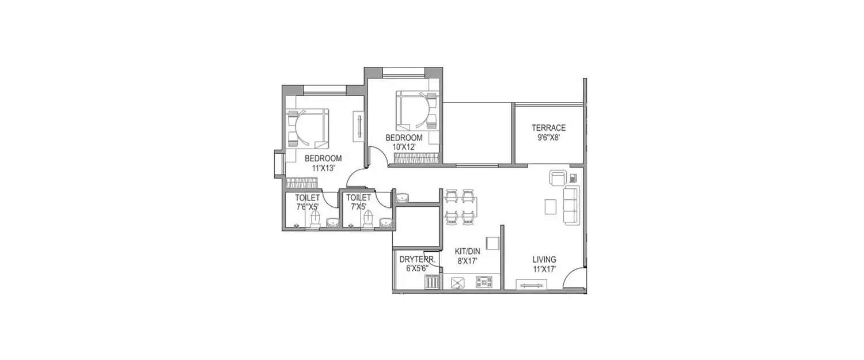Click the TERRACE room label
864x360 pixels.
(x=548, y=128)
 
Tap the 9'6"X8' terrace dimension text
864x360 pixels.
(x=548, y=138)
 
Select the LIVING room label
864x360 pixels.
(x=544, y=259)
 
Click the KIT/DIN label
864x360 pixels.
(x=467, y=251)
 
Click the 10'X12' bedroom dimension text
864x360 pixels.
(x=404, y=147)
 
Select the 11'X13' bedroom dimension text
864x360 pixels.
(x=323, y=168)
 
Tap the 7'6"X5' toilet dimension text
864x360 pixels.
(x=307, y=207)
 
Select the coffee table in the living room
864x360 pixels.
(x=551, y=206)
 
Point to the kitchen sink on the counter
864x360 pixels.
(x=458, y=282)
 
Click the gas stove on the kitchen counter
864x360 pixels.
(x=484, y=282)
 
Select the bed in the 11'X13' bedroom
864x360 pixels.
(x=308, y=128)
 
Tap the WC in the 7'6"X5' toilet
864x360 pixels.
(x=314, y=219)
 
